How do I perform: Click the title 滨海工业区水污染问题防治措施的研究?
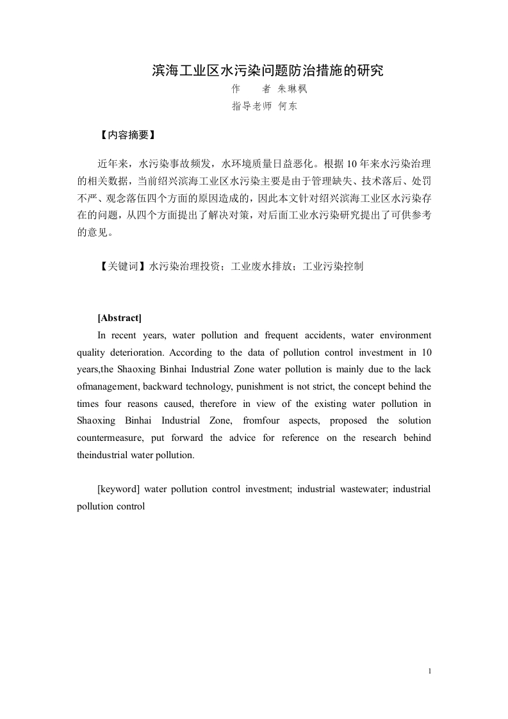pos(267,70)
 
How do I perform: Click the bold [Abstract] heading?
pos(119,318)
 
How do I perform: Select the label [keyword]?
pos(119,489)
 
